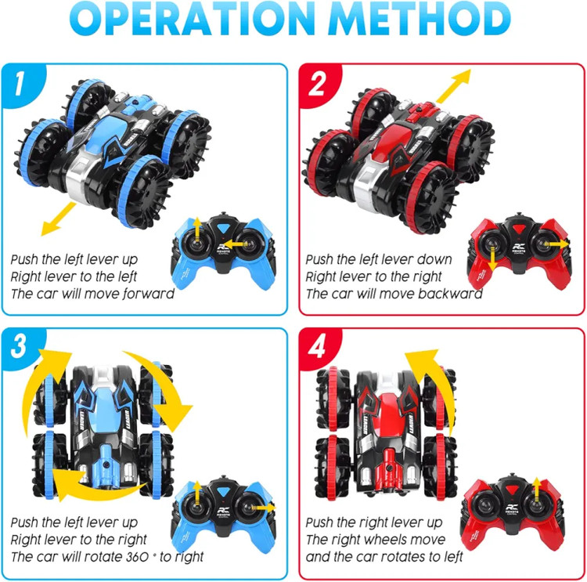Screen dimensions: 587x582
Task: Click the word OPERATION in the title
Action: tap(193, 19)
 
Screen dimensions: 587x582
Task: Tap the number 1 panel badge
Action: tap(20, 84)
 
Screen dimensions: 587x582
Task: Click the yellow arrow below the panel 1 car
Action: tap(57, 219)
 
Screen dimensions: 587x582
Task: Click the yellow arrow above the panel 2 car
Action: tap(454, 86)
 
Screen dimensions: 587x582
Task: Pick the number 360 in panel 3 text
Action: tap(138, 557)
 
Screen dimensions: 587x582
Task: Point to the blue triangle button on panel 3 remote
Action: tap(224, 492)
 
